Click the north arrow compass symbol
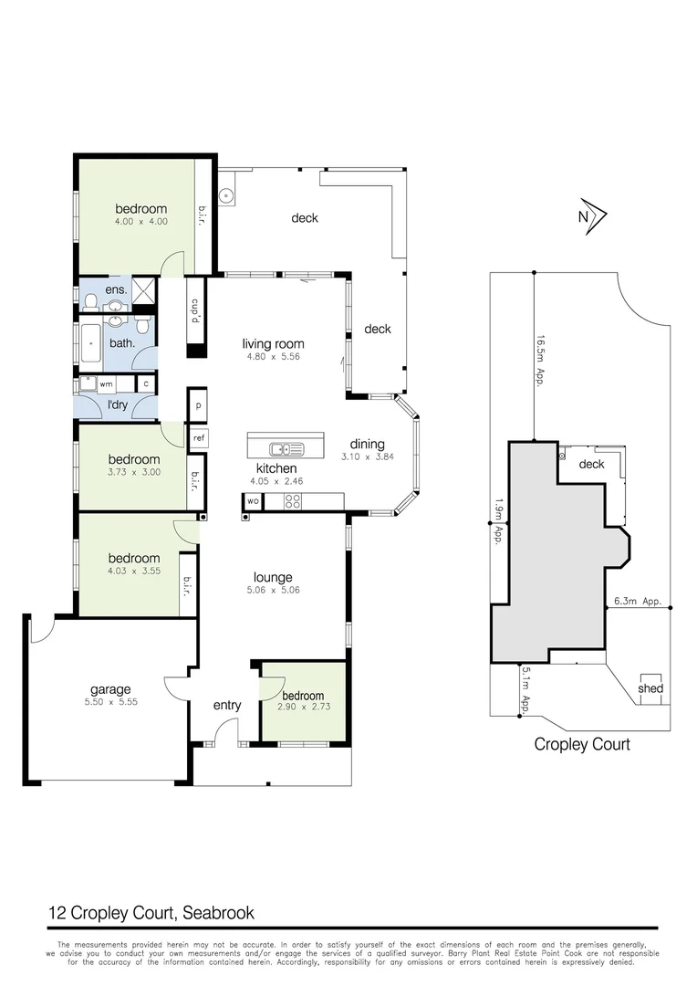coord(592,216)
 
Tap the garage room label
coord(109,689)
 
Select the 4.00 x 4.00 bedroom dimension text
coord(140,221)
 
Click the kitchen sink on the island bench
coord(286,448)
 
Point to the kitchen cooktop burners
coord(295,501)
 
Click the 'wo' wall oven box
coord(253,501)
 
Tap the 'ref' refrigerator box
coord(198,438)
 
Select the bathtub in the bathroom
coord(93,343)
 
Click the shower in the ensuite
coord(144,291)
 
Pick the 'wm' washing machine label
coord(106,384)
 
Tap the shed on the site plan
coord(650,688)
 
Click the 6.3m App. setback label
coord(638,602)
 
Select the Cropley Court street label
coord(582,744)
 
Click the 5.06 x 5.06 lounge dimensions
coord(273,590)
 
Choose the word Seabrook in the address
coord(219,912)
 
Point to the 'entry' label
coord(227,705)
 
